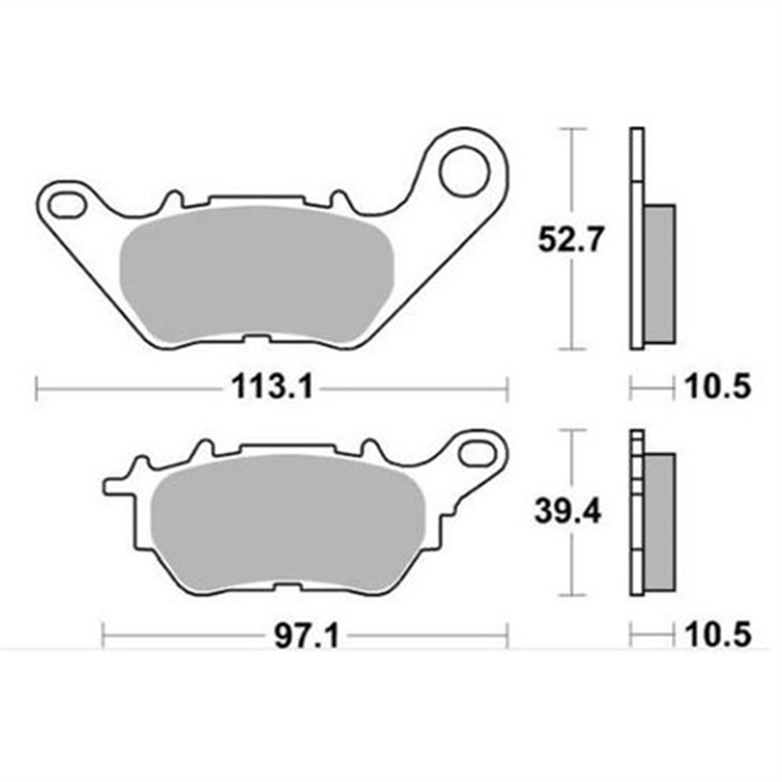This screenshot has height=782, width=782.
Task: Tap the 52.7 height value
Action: point(568,241)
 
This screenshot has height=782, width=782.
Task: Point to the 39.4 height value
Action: point(568,513)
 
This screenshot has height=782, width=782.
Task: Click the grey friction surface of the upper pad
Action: point(256,273)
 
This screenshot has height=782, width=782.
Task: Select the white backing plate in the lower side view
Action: point(634,539)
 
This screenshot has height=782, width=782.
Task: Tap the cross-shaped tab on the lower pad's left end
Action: point(121,483)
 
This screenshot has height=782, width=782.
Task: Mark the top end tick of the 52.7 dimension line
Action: point(572,128)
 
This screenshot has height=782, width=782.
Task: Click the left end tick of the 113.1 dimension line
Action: point(36,388)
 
